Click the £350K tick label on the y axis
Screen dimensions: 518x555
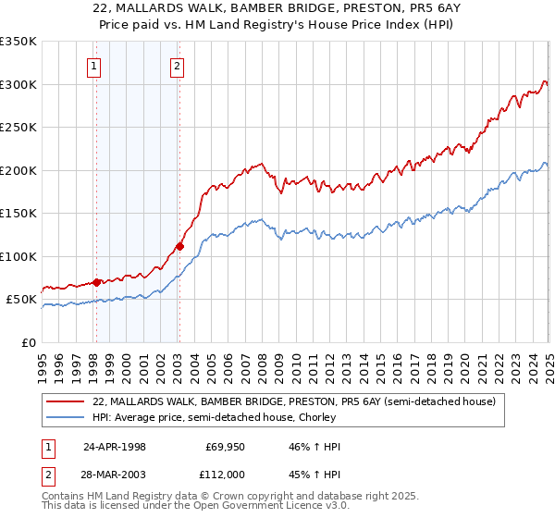[x=18, y=42]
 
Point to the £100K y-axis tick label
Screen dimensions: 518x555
[x=18, y=256]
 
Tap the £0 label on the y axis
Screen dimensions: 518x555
[x=29, y=342]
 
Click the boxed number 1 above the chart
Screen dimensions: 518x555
[x=95, y=66]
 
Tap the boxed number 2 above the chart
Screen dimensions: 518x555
[x=177, y=66]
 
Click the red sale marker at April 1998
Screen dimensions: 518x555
[x=96, y=282]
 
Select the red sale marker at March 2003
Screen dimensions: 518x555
[x=179, y=246]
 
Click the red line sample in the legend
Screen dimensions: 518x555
[x=66, y=401]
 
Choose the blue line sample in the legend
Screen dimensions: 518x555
[x=66, y=417]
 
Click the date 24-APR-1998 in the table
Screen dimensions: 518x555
[x=115, y=447]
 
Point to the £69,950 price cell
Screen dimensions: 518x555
[x=223, y=447]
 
